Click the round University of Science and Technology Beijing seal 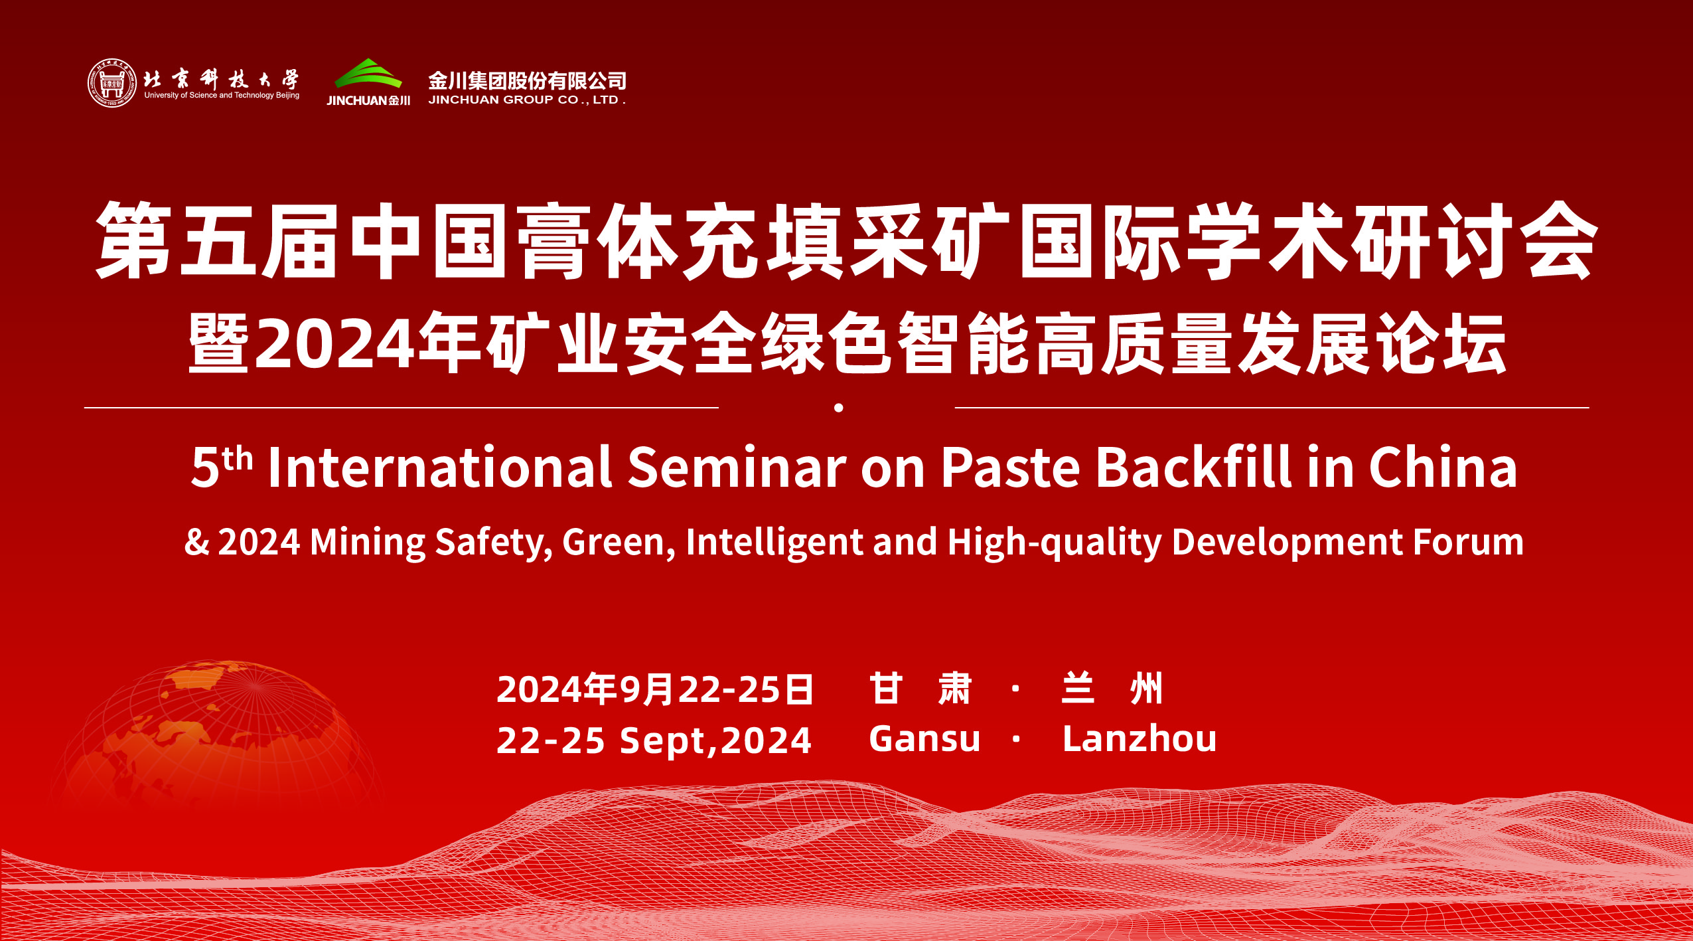(x=112, y=83)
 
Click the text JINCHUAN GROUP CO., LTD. (x=527, y=100)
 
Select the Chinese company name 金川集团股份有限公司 (x=527, y=80)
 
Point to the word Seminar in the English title (x=737, y=467)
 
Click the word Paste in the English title (x=1011, y=467)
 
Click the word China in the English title (x=1443, y=467)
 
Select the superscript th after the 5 (x=238, y=458)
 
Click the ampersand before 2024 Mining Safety (x=196, y=542)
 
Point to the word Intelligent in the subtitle (x=774, y=543)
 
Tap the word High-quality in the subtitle (x=1055, y=543)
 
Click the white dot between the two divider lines (x=839, y=408)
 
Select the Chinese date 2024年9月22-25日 (x=654, y=689)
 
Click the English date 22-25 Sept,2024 (x=654, y=740)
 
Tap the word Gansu (x=924, y=738)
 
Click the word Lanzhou (x=1140, y=738)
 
